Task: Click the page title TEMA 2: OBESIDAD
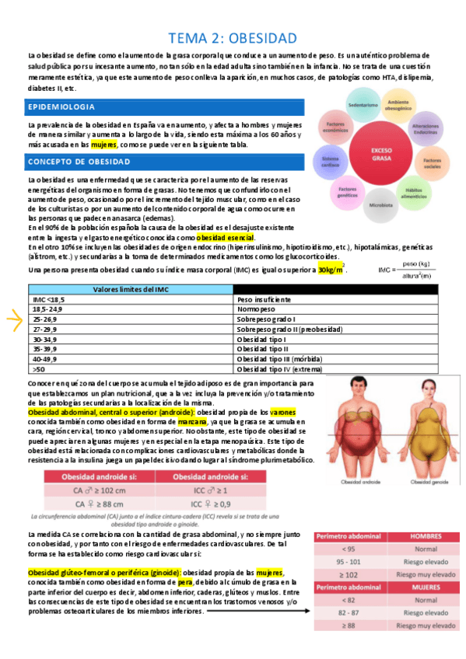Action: tap(233, 37)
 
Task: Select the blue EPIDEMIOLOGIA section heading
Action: tap(61, 106)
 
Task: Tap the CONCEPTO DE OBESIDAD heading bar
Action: tap(79, 162)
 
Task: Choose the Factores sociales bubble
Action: tap(432, 163)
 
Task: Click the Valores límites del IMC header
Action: tap(128, 288)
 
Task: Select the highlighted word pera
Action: tap(185, 581)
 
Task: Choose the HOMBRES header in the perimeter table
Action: tap(425, 536)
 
